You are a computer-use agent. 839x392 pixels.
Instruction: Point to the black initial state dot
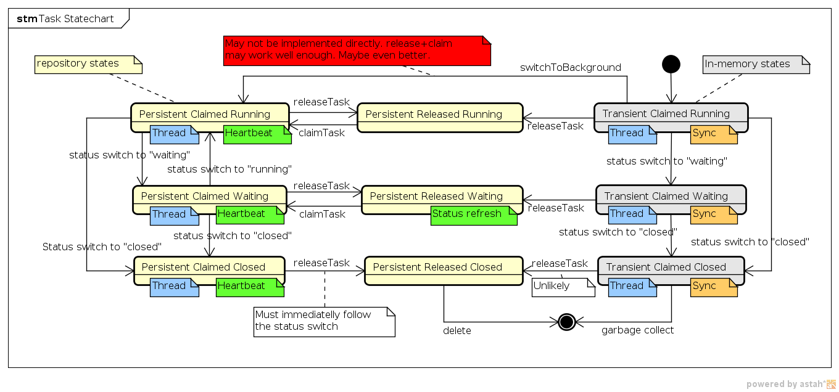[x=671, y=63]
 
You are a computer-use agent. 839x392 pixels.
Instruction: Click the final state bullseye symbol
[x=566, y=322]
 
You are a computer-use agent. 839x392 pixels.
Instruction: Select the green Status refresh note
[x=473, y=214]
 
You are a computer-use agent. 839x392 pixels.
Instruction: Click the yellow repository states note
[x=88, y=64]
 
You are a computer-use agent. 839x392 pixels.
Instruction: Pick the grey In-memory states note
[x=756, y=65]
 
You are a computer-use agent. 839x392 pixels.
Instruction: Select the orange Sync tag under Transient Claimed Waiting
[x=713, y=214]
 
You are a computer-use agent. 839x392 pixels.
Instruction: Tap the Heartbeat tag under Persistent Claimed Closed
[x=249, y=287]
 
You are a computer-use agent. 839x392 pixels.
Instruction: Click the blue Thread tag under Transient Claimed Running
[x=632, y=134]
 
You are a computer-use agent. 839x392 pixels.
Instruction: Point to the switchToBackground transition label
[x=570, y=68]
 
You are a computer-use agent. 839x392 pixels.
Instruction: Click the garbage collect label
[x=637, y=330]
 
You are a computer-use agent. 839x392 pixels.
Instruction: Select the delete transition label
[x=457, y=331]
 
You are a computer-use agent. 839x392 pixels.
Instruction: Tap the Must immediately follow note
[x=323, y=321]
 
